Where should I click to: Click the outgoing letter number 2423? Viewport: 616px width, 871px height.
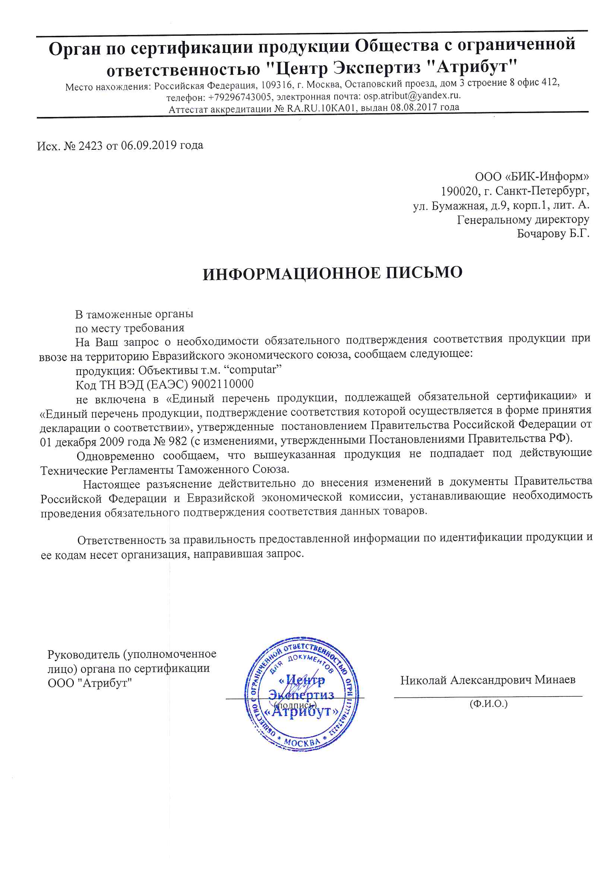(90, 146)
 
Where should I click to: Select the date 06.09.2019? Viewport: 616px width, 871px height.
(149, 145)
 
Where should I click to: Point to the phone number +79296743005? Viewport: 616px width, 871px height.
(240, 97)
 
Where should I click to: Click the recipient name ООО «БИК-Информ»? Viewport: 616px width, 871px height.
(532, 177)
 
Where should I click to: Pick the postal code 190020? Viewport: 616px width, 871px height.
(459, 191)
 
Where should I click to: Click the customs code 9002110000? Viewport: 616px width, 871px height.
(222, 384)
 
